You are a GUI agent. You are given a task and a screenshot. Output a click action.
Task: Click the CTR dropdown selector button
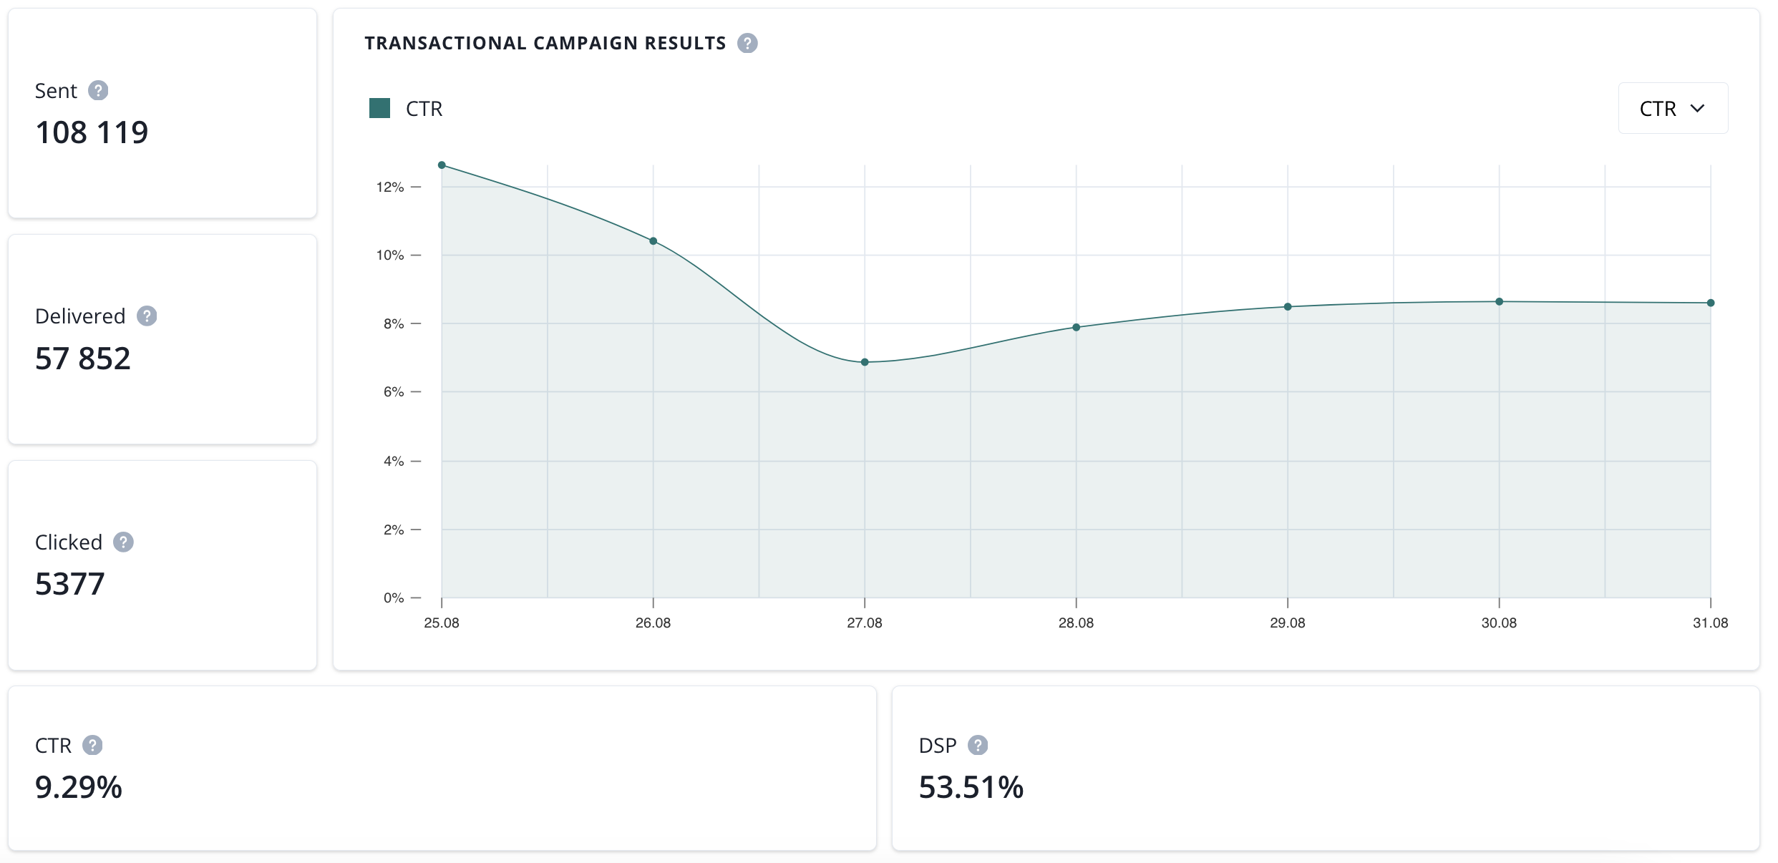coord(1673,108)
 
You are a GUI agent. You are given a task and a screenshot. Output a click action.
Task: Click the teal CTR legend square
coord(379,108)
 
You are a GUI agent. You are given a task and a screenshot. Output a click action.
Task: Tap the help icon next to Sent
coord(98,91)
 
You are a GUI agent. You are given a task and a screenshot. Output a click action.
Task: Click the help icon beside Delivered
coord(147,316)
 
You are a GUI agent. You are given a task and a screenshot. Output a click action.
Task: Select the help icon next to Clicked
coord(123,542)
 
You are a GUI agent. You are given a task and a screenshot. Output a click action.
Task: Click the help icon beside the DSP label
coord(978,746)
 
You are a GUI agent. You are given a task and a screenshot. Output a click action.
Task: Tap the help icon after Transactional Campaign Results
coord(747,44)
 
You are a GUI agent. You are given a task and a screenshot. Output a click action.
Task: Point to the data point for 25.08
coord(442,165)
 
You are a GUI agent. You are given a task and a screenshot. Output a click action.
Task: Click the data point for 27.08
coord(865,362)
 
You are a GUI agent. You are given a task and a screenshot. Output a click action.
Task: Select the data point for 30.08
coord(1499,302)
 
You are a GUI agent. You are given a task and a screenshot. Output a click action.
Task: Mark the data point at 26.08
coord(654,241)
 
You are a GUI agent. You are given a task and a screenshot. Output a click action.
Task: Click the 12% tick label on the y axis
coord(390,187)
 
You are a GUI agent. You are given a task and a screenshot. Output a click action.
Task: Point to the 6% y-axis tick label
coord(394,392)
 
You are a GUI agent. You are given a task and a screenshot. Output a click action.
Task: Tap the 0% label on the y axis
coord(394,598)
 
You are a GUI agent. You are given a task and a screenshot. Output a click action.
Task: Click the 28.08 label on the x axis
coord(1076,623)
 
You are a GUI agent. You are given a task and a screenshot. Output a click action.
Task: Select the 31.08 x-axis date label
coord(1710,623)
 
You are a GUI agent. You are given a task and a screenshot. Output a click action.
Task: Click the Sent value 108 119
coord(92,132)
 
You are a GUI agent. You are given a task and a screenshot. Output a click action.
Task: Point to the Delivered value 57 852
coord(83,359)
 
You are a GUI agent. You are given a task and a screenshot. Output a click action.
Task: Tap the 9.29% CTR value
coord(79,787)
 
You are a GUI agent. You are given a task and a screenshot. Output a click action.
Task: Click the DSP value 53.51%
coord(971,787)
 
